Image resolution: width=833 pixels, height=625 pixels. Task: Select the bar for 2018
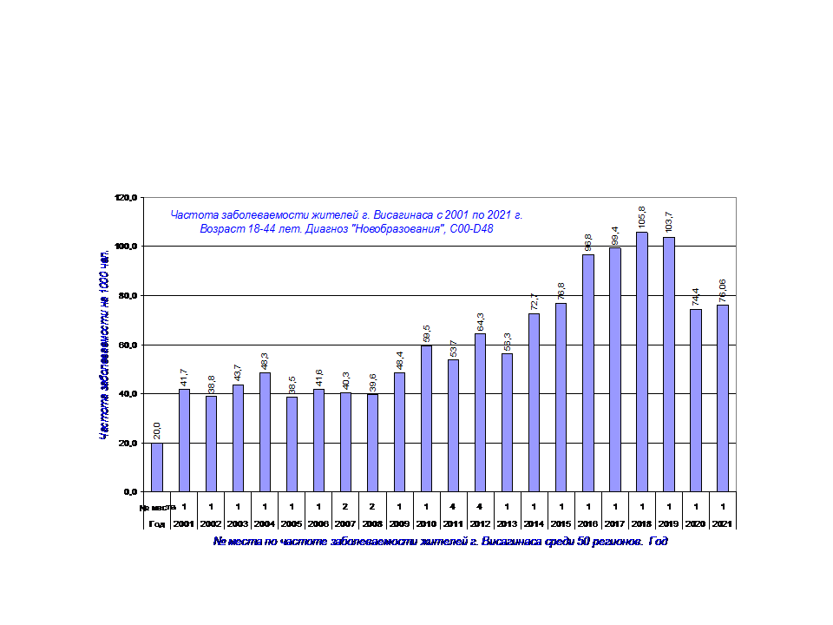click(641, 361)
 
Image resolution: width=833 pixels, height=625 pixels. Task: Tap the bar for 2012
click(480, 412)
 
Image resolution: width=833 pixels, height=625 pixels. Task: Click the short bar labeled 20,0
click(157, 467)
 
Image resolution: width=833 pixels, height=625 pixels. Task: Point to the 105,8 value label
click(641, 215)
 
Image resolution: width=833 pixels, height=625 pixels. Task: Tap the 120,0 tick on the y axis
click(126, 198)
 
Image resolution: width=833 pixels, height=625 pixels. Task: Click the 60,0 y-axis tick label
click(128, 345)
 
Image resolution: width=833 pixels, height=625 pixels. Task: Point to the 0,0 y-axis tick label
click(130, 492)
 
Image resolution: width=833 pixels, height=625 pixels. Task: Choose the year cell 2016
click(587, 524)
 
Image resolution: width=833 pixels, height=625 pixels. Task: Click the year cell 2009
click(399, 524)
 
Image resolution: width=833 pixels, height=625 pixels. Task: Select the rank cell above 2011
click(453, 507)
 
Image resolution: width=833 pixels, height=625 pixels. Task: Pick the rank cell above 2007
click(345, 507)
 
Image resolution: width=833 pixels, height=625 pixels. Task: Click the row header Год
click(157, 524)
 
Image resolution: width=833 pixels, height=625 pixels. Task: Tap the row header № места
click(157, 507)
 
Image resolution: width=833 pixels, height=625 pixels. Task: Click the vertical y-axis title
click(104, 344)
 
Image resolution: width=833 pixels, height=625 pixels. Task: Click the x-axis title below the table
click(440, 542)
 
